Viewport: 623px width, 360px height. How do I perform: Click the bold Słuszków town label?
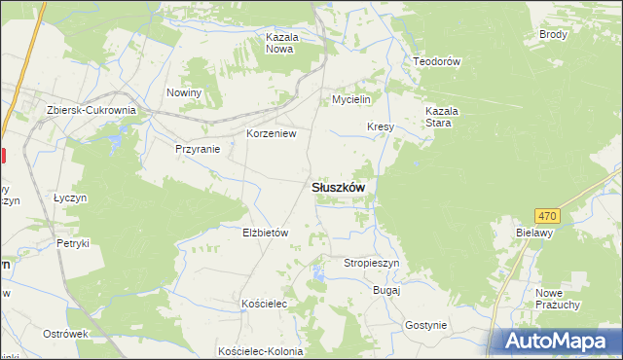pyautogui.click(x=338, y=188)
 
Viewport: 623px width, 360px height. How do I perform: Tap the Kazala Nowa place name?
pyautogui.click(x=280, y=43)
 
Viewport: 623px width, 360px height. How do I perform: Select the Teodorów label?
pyautogui.click(x=436, y=60)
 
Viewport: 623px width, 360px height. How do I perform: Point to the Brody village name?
pyautogui.click(x=553, y=34)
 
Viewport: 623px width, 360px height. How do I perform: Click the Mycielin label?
pyautogui.click(x=351, y=100)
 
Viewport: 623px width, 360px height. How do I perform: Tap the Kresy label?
pyautogui.click(x=380, y=127)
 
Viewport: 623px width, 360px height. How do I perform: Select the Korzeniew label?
pyautogui.click(x=270, y=133)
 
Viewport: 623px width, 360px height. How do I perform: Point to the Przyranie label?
pyautogui.click(x=198, y=149)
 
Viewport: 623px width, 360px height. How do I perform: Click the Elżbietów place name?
pyautogui.click(x=266, y=233)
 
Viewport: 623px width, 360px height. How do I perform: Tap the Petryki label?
pyautogui.click(x=73, y=243)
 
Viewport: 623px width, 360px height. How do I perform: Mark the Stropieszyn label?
pyautogui.click(x=371, y=263)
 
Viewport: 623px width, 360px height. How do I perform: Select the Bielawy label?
pyautogui.click(x=534, y=234)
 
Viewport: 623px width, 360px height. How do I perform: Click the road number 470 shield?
pyautogui.click(x=547, y=215)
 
